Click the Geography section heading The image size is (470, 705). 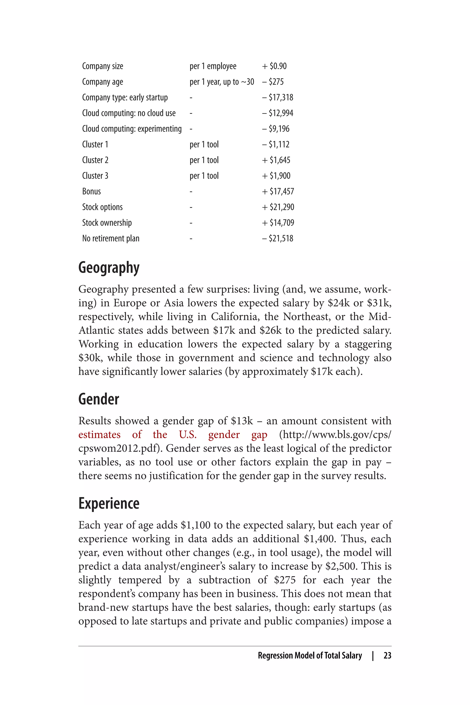tap(109, 268)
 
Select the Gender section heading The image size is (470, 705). tap(99, 399)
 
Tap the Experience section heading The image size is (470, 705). tap(109, 503)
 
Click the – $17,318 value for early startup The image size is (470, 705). tap(277, 97)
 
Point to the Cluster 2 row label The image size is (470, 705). tap(95, 160)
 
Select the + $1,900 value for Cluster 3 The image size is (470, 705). tap(276, 176)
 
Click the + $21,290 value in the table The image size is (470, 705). tap(278, 207)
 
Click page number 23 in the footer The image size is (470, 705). tap(387, 655)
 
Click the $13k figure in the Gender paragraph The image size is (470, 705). tap(242, 421)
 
